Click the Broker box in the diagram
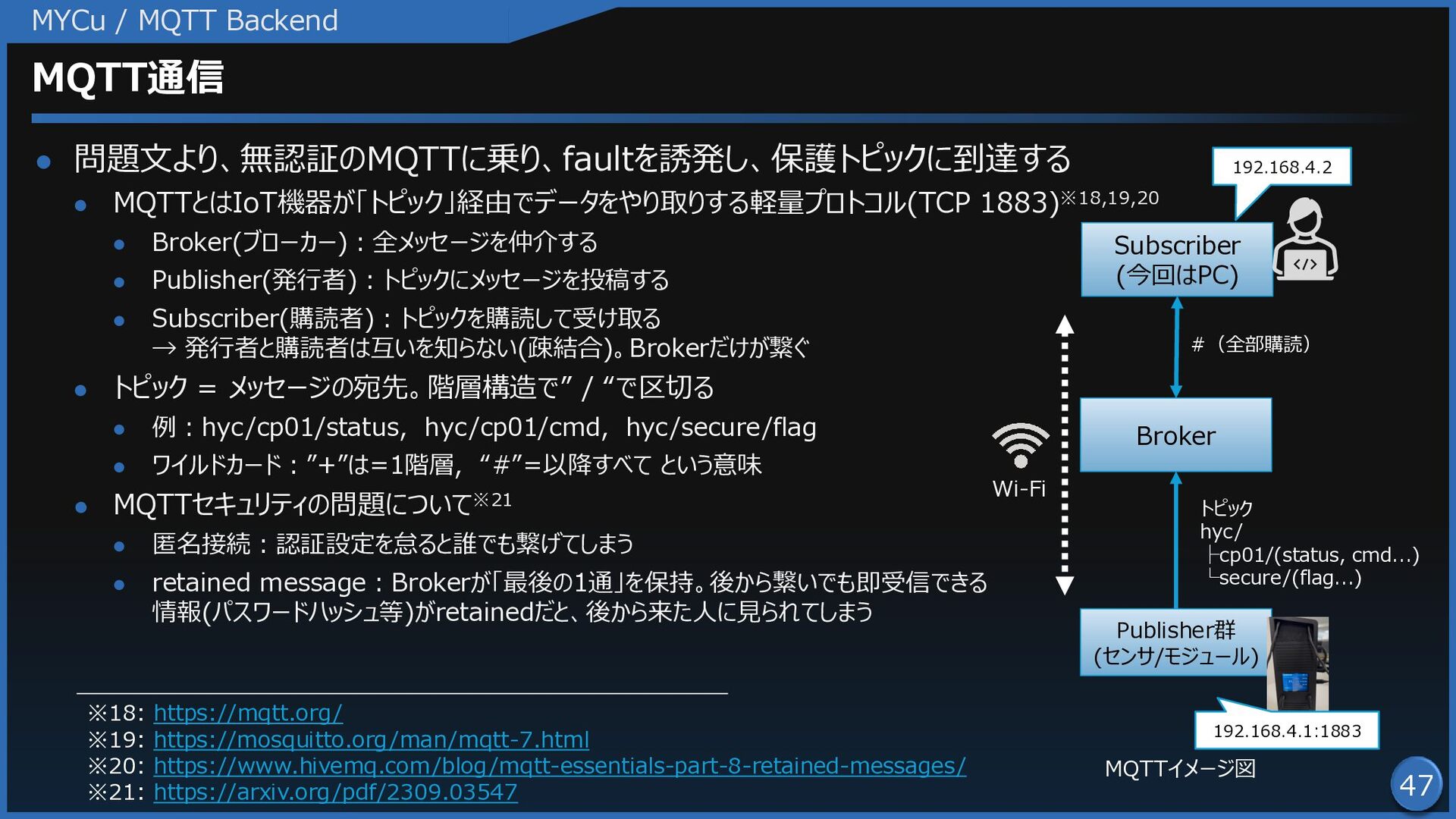pos(1175,435)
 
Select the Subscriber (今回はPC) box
pos(1177,259)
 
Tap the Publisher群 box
pos(1175,642)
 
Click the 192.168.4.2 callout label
pos(1282,167)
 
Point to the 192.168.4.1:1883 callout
pos(1287,730)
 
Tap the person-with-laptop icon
pos(1305,240)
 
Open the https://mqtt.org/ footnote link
pos(248,713)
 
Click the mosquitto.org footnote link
pos(371,739)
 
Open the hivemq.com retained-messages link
pos(560,766)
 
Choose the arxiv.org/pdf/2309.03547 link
pos(335,792)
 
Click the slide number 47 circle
pos(1416,784)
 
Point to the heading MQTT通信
pos(127,77)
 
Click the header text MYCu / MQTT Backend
pos(184,20)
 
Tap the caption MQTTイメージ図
pos(1180,768)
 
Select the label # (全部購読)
pos(1250,344)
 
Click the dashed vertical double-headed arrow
pos(1065,455)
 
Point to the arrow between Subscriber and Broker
pos(1176,347)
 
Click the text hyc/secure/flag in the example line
pos(721,428)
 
